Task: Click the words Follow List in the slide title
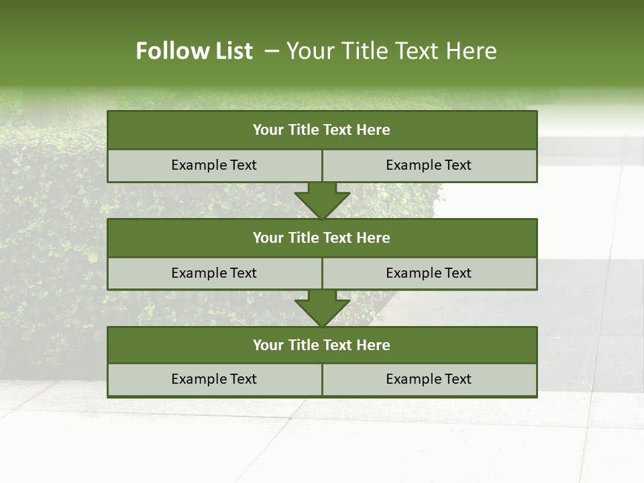[x=194, y=51]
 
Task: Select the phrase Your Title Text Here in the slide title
[x=391, y=51]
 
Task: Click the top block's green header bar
[x=322, y=130]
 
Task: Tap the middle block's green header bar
[x=322, y=238]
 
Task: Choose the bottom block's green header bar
[x=322, y=345]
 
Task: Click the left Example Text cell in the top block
[x=214, y=166]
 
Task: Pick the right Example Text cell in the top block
[x=429, y=166]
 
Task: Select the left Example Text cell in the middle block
[x=214, y=274]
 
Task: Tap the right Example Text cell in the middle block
[x=429, y=274]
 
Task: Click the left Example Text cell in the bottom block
[x=214, y=380]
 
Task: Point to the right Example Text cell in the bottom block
[x=429, y=380]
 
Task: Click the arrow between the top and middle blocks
[x=322, y=201]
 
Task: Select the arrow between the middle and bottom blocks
[x=322, y=309]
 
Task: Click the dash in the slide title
[x=272, y=51]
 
